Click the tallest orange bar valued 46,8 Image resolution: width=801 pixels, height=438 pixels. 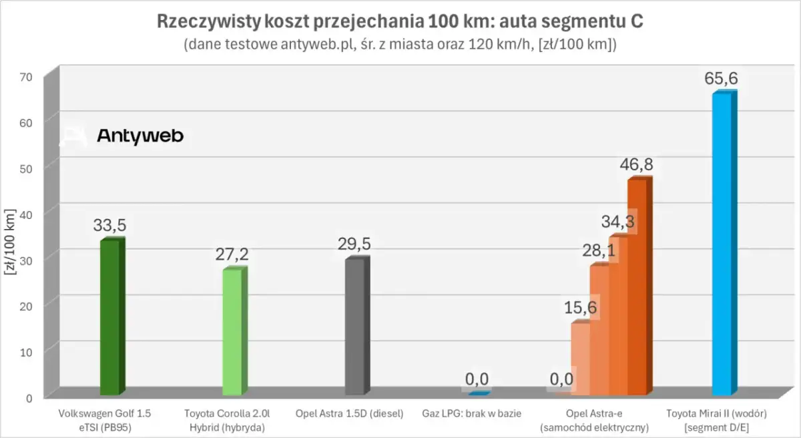coord(638,287)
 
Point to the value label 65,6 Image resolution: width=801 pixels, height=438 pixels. coord(721,79)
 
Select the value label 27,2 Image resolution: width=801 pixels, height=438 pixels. coord(232,254)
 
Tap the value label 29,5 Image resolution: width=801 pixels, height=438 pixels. coord(354,244)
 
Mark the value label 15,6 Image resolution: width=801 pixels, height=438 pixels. coord(580,308)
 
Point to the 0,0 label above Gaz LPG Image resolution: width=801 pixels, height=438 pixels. coord(477,379)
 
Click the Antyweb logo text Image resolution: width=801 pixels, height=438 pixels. coord(140,136)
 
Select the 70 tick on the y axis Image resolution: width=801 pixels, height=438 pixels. coord(24,76)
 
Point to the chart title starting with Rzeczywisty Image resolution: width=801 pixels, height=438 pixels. coord(400,21)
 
